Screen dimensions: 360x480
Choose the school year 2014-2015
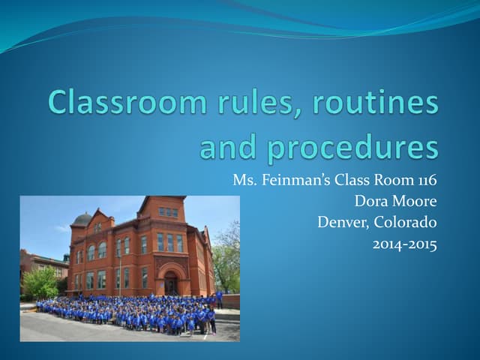coord(405,244)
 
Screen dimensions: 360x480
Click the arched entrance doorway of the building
coord(172,283)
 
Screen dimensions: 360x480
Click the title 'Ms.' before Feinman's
coord(243,180)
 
